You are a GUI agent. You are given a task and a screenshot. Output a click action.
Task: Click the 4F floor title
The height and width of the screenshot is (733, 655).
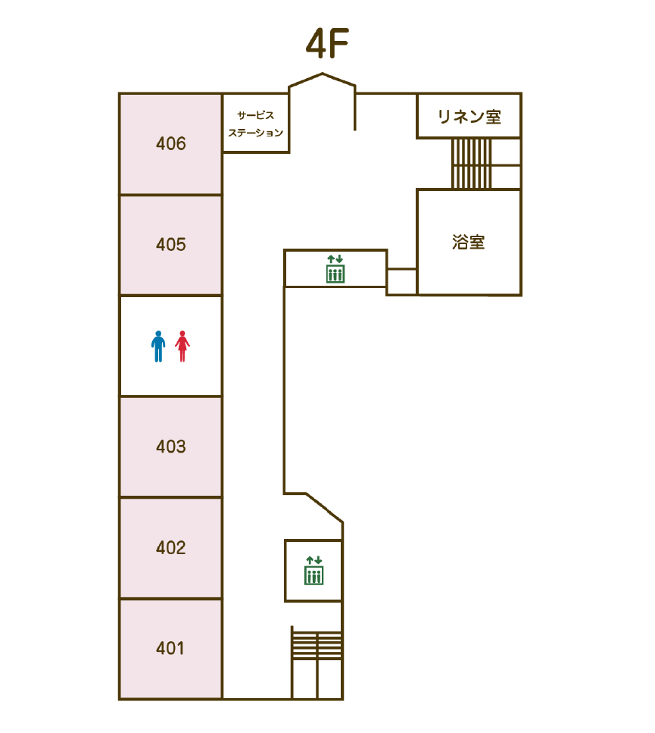point(327,43)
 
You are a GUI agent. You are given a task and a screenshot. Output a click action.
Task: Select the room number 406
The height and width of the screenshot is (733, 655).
point(171,143)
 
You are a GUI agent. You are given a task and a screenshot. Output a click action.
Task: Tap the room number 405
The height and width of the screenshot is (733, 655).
point(171,245)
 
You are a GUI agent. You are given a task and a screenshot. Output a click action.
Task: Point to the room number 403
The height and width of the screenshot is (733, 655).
point(171,446)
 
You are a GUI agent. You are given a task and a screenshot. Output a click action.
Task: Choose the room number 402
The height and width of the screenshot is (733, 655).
point(171,547)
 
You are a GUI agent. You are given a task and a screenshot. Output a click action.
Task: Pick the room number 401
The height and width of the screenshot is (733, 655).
point(170,648)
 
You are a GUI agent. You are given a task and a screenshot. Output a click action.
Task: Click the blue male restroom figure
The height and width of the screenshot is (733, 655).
point(158,346)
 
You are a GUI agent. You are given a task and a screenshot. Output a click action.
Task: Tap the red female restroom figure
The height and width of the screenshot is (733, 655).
point(182,346)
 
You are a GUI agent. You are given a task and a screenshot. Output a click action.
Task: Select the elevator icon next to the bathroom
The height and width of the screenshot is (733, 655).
point(335,269)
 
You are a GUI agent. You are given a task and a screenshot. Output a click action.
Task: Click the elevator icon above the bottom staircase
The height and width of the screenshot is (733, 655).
point(313,570)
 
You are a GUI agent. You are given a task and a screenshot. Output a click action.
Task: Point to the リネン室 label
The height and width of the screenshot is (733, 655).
point(469,117)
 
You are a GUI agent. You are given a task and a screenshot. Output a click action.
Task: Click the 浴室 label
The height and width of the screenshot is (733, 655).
point(468,242)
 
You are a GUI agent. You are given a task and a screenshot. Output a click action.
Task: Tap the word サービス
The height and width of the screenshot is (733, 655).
point(255,115)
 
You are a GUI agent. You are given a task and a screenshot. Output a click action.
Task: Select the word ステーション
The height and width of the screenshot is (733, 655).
point(256,133)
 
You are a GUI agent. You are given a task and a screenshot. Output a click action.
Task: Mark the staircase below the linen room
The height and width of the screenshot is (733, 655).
point(472,164)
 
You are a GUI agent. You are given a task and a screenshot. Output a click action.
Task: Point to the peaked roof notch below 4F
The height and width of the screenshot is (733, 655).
point(322,80)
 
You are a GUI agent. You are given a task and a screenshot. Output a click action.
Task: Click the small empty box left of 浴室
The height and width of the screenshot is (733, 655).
point(401,282)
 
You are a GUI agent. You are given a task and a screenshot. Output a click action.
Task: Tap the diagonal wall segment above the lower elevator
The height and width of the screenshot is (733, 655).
point(324,507)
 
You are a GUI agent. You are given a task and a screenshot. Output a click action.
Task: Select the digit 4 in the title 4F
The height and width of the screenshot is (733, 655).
point(316,43)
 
